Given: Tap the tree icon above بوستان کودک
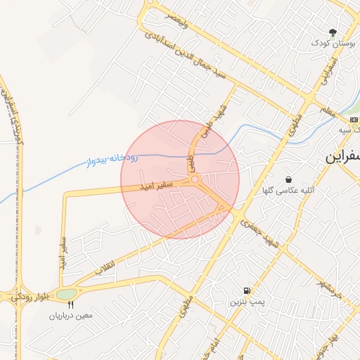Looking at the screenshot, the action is pos(333,32).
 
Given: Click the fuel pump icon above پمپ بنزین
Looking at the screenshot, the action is pos(246,291).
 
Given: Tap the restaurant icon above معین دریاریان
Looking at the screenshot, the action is pos(70,305).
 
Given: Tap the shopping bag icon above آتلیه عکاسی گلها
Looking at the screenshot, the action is pos(288,180).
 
